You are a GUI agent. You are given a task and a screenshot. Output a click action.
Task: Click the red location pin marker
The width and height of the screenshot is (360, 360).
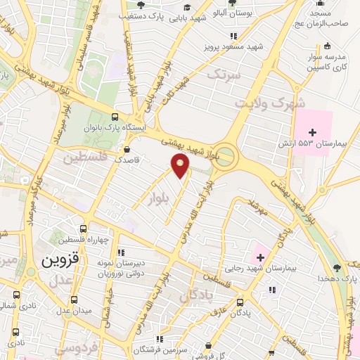[x=181, y=166]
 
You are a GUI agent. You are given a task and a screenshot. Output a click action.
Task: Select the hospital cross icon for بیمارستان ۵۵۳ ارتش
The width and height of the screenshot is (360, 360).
[x=313, y=131]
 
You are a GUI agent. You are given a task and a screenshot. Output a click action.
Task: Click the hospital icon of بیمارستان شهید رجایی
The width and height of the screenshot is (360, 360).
[x=259, y=256]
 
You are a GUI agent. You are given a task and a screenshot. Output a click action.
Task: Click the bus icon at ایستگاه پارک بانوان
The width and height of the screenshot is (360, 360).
[x=115, y=117]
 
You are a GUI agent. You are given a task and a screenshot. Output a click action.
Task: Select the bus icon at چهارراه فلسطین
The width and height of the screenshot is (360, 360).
[x=83, y=229]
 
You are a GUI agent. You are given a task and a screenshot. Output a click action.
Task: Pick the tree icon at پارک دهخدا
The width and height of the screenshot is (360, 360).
[x=337, y=268]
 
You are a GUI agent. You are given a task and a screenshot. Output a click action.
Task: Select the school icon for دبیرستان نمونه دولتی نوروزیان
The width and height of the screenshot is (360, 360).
[x=121, y=252]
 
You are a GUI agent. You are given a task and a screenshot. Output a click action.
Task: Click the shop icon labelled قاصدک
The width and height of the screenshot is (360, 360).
[x=127, y=149]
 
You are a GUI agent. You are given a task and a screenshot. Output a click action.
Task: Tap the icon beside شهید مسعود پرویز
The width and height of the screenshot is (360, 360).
[x=233, y=37]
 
